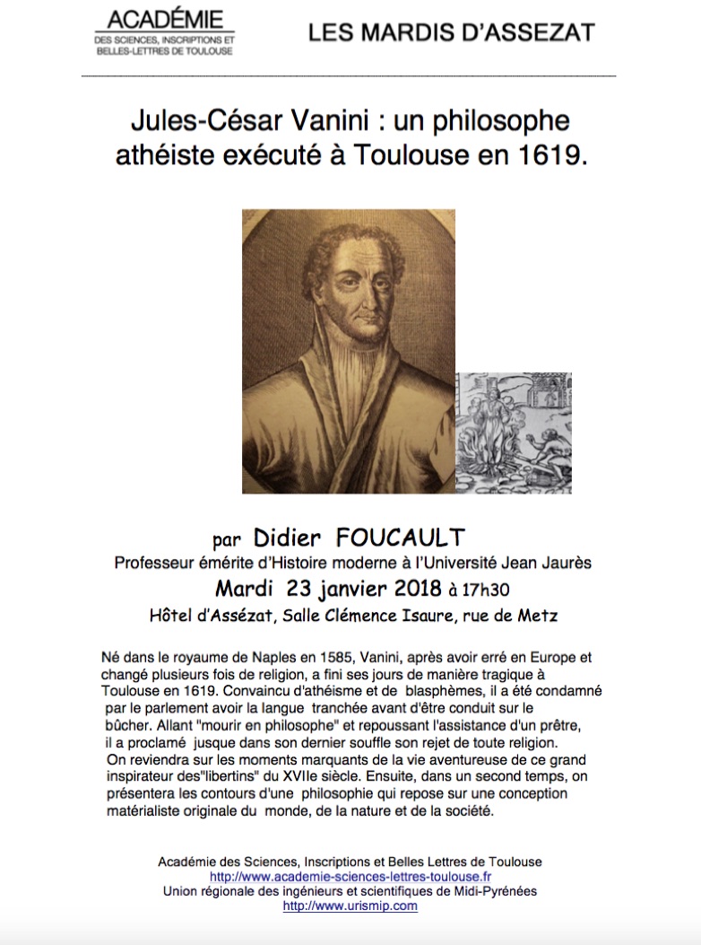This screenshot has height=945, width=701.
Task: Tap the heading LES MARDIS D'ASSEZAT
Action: (x=451, y=33)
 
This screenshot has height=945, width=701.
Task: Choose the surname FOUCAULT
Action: (x=401, y=538)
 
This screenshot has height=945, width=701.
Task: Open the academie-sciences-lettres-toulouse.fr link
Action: (x=350, y=876)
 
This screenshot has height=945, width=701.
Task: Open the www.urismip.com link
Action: (x=350, y=906)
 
